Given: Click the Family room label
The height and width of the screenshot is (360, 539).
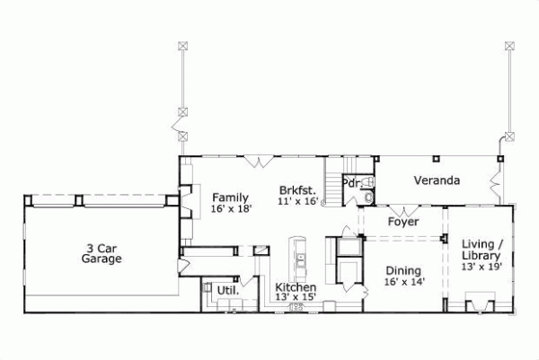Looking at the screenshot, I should (x=230, y=197).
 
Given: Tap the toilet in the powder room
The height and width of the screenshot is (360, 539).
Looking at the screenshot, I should (x=368, y=197).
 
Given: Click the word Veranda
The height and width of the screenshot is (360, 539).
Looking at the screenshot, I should (x=437, y=180).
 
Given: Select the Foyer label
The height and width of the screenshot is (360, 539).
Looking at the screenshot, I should (x=402, y=222).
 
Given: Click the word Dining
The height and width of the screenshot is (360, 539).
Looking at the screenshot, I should (x=404, y=270).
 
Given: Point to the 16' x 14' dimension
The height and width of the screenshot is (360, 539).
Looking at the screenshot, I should (x=404, y=282).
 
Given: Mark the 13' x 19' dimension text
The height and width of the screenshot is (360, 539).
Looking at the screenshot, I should (x=482, y=267).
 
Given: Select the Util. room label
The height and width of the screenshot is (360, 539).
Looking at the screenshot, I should (x=225, y=291).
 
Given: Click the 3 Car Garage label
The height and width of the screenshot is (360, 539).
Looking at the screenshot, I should (x=99, y=253).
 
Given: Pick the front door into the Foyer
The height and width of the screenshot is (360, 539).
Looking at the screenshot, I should (x=402, y=208).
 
